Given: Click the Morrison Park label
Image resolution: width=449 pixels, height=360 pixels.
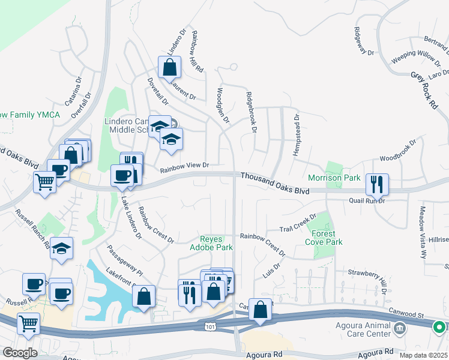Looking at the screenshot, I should (334, 178).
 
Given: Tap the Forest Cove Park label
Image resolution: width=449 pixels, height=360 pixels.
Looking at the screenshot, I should (326, 238).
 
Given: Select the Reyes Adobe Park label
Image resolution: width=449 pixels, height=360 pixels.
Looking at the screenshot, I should (211, 242).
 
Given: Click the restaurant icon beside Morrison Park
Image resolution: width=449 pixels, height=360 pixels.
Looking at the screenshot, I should (377, 184).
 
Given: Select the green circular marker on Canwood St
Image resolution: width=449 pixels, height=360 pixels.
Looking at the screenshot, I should (439, 328).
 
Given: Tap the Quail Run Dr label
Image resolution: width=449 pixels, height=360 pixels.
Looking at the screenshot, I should (366, 201).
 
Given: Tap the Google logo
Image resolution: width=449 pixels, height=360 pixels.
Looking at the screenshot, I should (20, 352).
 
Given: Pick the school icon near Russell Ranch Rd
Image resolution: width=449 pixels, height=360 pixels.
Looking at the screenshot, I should (61, 248).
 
